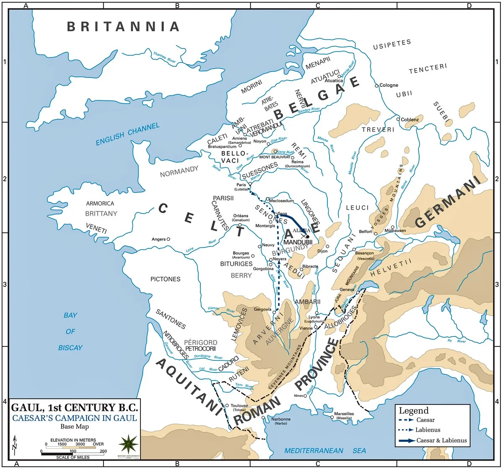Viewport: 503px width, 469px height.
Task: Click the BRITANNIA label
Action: coord(124,27)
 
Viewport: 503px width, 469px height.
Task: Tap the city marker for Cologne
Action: coord(376,85)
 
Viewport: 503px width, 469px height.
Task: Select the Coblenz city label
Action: coord(410,120)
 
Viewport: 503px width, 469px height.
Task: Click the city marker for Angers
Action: coord(168,239)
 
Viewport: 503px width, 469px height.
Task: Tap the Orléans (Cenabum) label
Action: coord(241,218)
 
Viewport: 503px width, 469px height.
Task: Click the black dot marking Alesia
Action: coord(308,237)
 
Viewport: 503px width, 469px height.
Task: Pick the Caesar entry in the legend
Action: coord(425,420)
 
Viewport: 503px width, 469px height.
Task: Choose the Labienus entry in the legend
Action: coord(428,430)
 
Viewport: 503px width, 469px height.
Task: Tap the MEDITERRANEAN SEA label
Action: coord(325,451)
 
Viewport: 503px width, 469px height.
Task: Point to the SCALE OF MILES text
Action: coord(74,457)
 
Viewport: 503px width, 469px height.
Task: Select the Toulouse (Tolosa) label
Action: coord(239,408)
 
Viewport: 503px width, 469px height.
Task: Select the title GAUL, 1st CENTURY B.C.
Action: coord(74,407)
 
